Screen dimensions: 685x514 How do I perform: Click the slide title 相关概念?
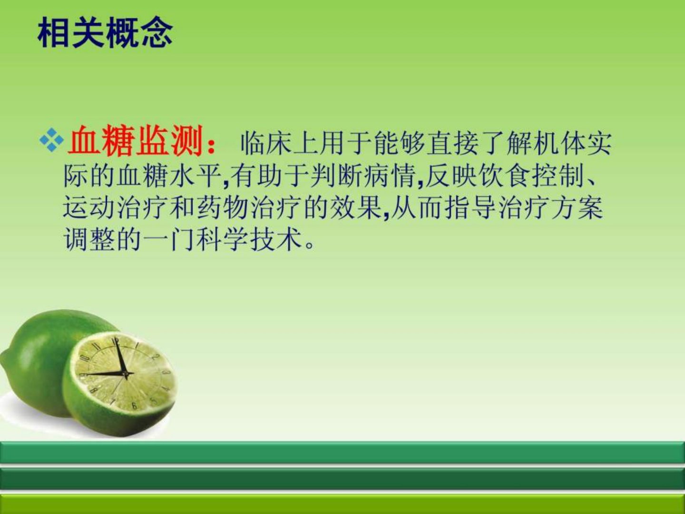pyautogui.click(x=105, y=33)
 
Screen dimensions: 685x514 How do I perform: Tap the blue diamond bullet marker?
pyautogui.click(x=51, y=140)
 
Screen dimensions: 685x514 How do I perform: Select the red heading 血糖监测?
pyautogui.click(x=135, y=141)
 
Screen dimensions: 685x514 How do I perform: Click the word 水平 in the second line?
pyautogui.click(x=195, y=176)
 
